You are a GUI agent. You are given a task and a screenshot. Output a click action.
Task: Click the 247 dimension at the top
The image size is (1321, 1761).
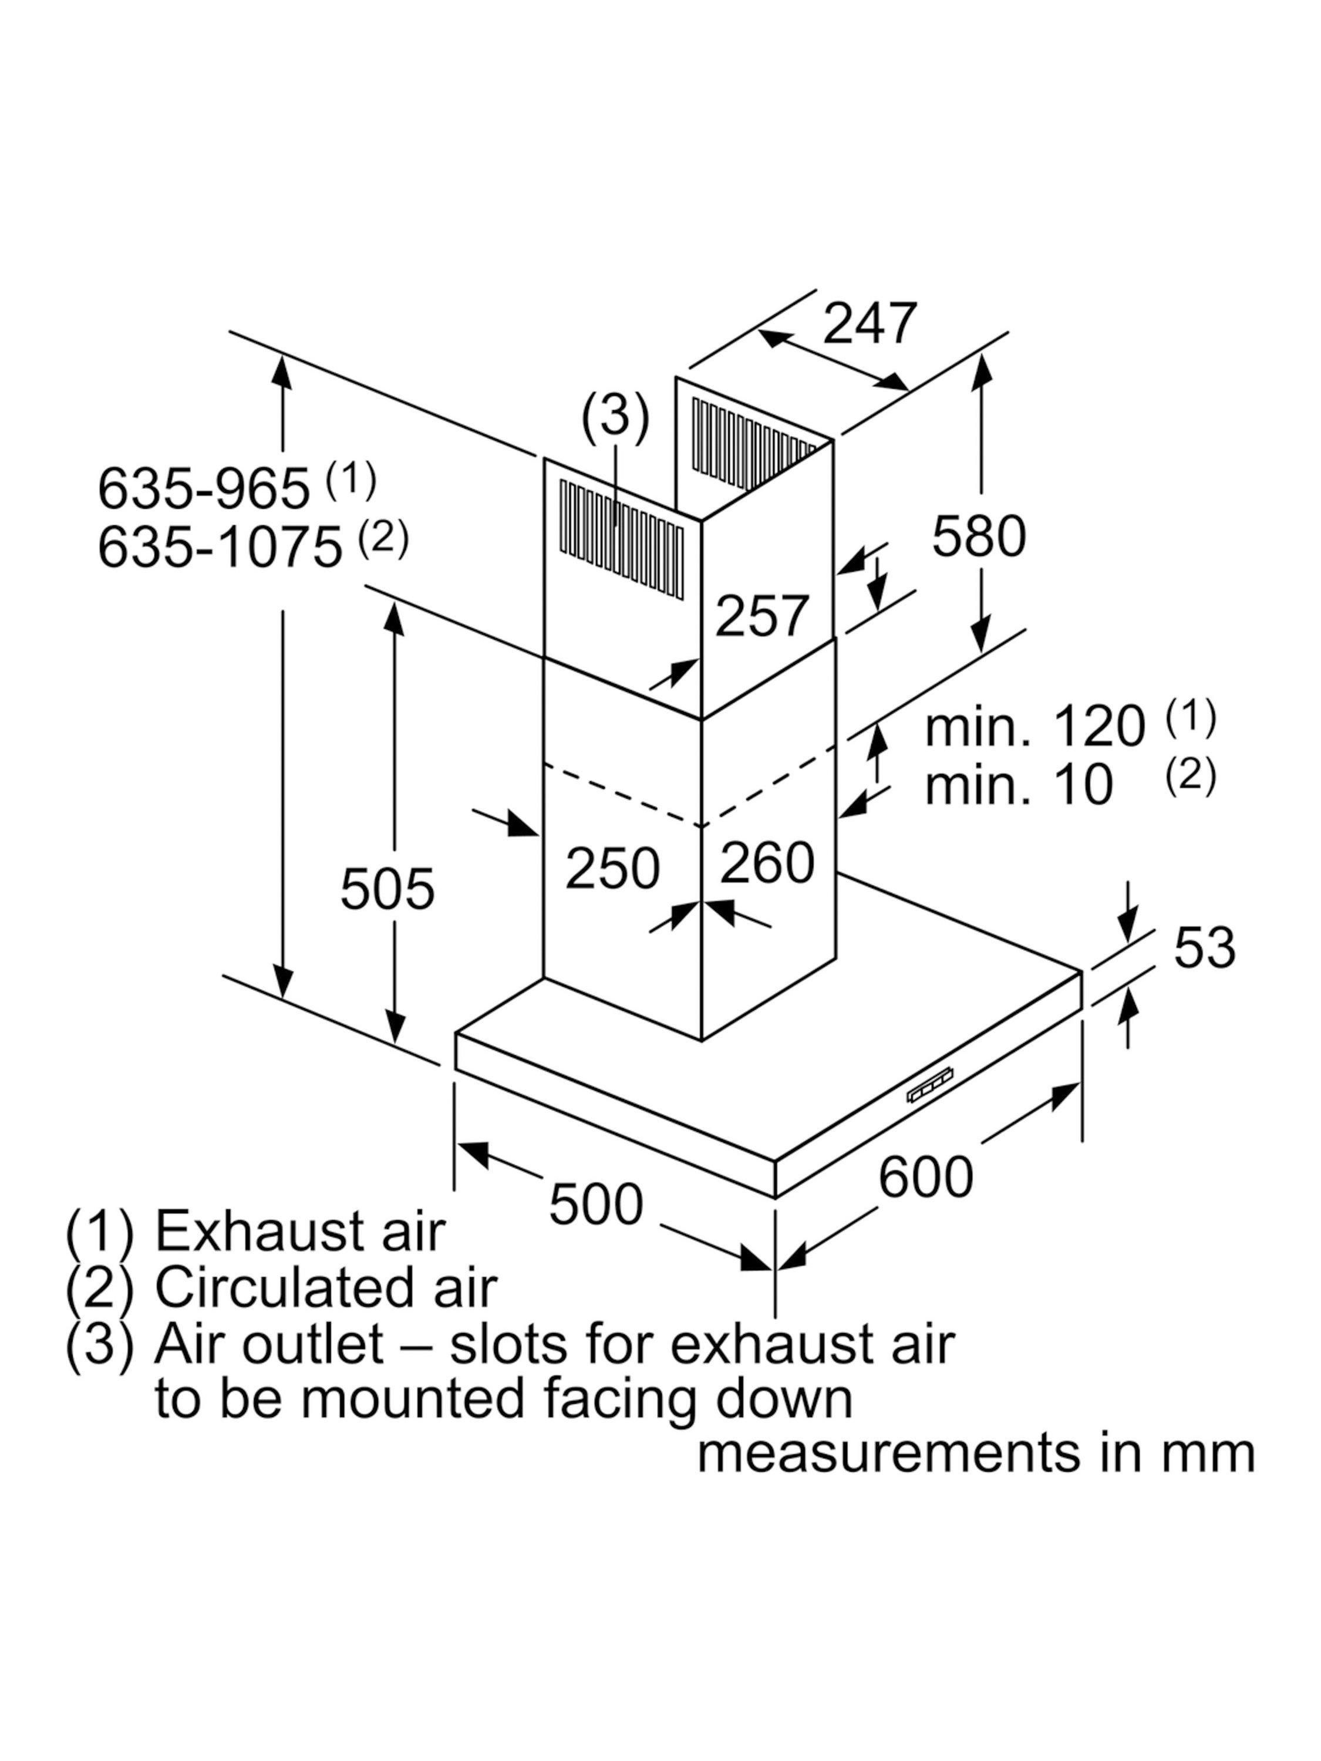click(870, 323)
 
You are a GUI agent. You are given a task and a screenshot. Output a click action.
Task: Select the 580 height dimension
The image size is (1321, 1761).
click(979, 536)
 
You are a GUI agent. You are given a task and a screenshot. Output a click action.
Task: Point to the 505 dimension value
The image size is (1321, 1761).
click(387, 889)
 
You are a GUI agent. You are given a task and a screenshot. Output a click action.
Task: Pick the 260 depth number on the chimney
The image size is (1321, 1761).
click(767, 862)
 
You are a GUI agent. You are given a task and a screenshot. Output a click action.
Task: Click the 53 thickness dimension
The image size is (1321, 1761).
click(1205, 947)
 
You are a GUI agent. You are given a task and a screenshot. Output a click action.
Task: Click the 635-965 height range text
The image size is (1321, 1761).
click(203, 488)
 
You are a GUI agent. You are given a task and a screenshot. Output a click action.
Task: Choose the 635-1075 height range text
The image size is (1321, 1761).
click(220, 548)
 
